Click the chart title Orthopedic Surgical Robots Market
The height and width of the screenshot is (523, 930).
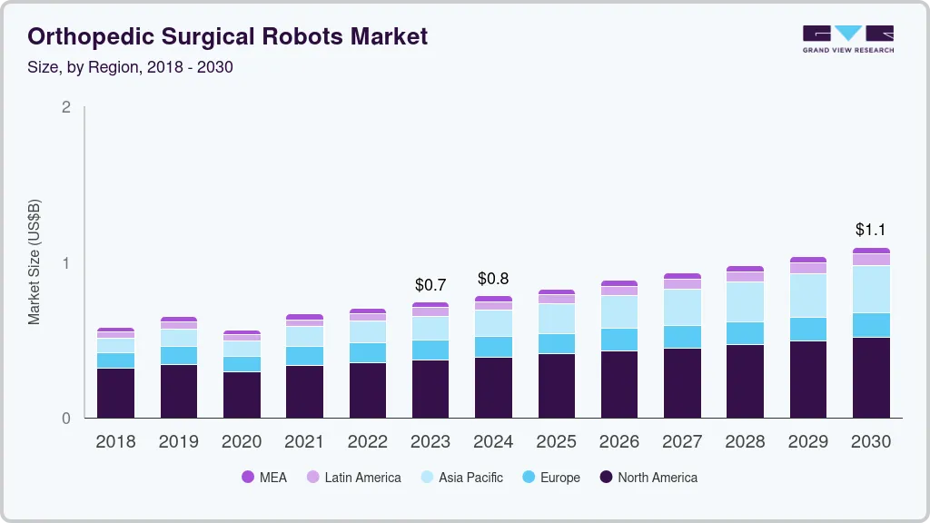click(228, 36)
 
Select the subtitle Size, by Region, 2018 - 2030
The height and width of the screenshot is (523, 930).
click(131, 67)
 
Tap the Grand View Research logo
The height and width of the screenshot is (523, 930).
click(847, 38)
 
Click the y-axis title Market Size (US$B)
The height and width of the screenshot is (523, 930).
click(35, 261)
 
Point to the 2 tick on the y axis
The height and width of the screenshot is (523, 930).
click(65, 107)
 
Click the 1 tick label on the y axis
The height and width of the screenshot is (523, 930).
click(65, 263)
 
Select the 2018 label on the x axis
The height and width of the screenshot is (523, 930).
click(115, 442)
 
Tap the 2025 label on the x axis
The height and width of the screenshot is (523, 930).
click(556, 442)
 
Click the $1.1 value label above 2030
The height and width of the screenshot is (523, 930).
click(871, 230)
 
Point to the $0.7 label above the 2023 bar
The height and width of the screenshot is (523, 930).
click(430, 285)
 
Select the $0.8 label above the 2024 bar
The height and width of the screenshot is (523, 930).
click(493, 278)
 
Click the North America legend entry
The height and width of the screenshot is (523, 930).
click(648, 477)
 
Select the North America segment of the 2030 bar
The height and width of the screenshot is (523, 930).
click(871, 378)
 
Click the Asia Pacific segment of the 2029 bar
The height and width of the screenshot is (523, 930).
click(808, 295)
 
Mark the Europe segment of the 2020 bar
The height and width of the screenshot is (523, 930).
click(242, 364)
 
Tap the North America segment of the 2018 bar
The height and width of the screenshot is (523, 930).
click(115, 393)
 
